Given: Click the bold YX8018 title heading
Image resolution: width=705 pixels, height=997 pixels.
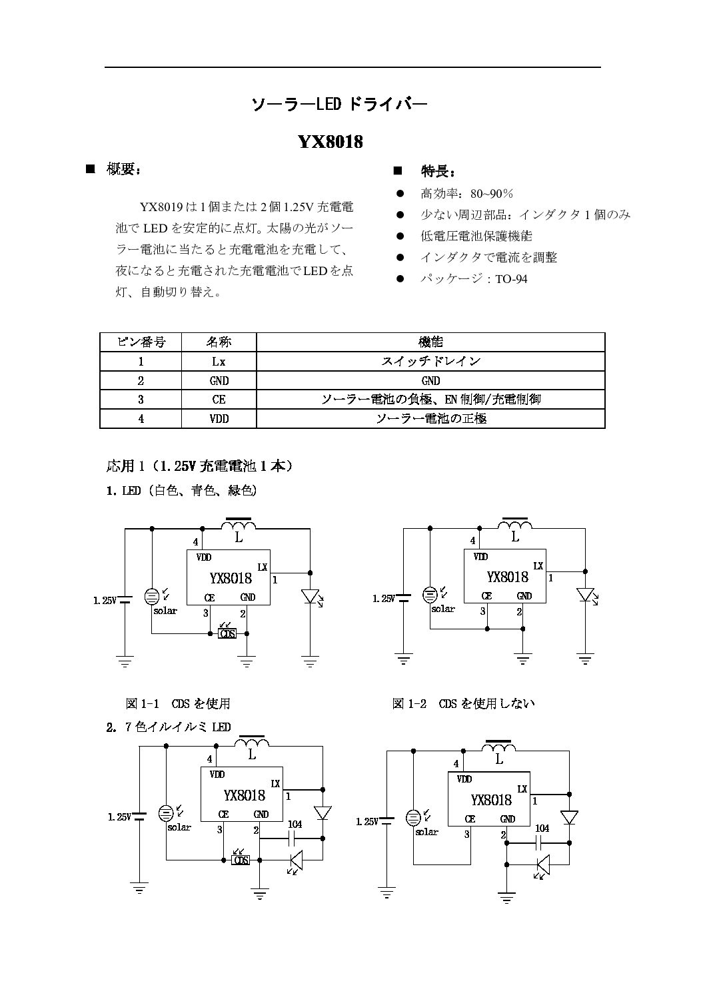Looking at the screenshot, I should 330,142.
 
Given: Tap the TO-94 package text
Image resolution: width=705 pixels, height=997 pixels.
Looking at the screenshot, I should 511,279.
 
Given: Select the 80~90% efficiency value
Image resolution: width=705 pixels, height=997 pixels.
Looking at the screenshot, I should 492,194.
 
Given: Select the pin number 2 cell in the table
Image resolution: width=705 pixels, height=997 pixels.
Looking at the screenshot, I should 141,381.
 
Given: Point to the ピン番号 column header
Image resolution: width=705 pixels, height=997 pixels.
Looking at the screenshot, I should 141,342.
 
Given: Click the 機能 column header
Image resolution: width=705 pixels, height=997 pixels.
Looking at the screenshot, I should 430,342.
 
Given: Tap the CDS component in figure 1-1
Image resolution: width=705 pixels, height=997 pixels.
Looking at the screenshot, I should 228,633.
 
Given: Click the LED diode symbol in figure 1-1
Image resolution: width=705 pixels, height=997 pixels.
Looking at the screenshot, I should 311,596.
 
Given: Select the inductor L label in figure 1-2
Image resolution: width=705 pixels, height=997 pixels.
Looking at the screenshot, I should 514,537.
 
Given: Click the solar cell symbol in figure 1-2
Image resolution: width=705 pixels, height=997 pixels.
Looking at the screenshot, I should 430,594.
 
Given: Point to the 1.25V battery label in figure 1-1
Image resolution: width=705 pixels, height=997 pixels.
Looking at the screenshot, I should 105,600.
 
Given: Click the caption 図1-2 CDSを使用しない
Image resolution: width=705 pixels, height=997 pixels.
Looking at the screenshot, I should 464,703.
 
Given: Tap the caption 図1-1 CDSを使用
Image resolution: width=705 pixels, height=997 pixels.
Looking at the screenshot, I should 178,703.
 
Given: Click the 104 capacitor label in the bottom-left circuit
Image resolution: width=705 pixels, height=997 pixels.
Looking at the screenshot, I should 295,825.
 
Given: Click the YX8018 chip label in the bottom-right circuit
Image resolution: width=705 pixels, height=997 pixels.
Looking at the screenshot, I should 491,800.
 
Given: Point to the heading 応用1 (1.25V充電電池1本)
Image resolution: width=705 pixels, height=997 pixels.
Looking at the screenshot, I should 199,466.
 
